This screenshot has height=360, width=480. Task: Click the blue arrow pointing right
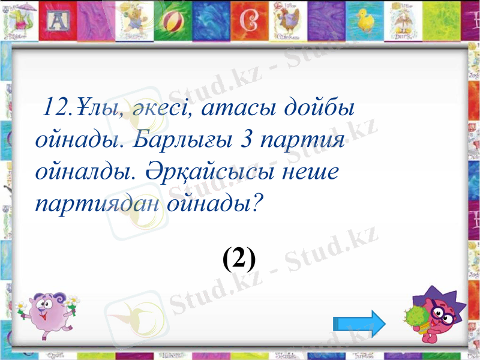point(359,324)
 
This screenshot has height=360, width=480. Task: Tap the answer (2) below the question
point(239,259)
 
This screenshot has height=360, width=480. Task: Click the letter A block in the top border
point(59,22)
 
